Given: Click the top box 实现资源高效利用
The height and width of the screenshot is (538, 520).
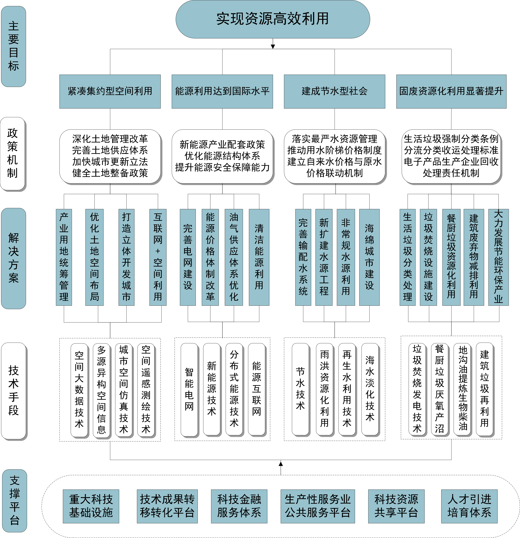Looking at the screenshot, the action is [273, 19].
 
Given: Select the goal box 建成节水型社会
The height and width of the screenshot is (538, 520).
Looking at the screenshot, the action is [335, 91].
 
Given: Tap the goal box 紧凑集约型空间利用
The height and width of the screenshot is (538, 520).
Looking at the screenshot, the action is [110, 91].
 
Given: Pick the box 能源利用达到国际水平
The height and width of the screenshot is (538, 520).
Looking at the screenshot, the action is [222, 91].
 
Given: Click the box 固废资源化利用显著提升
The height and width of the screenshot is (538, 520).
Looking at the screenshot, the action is [451, 91].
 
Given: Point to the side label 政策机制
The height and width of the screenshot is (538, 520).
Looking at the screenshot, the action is [13, 154].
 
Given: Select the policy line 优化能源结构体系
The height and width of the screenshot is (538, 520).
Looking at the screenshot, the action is [222, 156].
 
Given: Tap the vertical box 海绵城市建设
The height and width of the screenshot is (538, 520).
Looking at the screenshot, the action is [370, 257].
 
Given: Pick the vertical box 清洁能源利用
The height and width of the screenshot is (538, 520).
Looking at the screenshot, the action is [259, 257].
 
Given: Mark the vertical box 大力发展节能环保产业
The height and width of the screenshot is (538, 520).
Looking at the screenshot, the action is [499, 257].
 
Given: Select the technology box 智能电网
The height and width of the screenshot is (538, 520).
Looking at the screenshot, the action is [189, 390].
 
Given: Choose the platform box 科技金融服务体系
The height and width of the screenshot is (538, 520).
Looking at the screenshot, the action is [239, 506].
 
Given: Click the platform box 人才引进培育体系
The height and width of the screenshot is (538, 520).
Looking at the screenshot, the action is [469, 506].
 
